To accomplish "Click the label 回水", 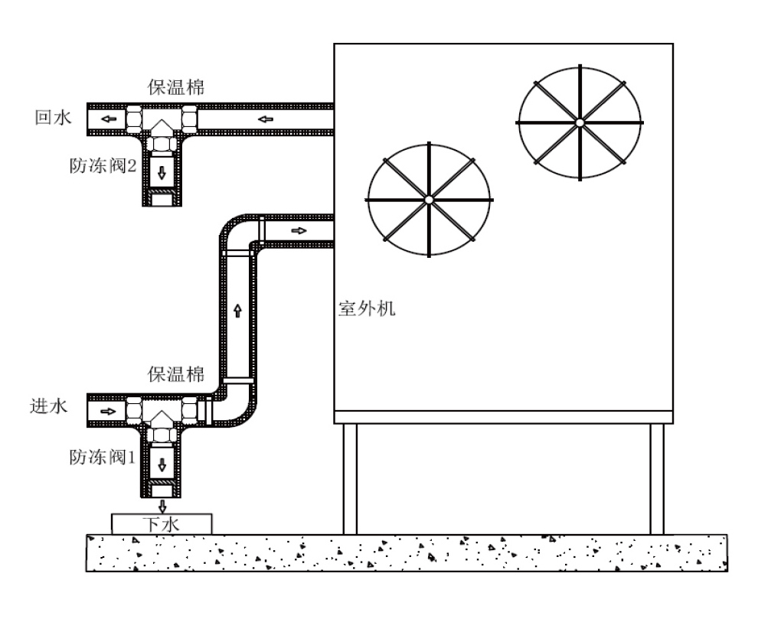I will [52, 119].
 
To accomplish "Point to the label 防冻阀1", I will [103, 458].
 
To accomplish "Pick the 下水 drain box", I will [162, 524].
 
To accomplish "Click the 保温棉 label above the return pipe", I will [176, 86].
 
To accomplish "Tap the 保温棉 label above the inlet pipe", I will [176, 375].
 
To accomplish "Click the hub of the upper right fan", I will [580, 122].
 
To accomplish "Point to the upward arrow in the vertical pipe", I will [237, 310].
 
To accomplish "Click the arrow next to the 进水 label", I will [108, 411].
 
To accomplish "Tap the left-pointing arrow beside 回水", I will [108, 119].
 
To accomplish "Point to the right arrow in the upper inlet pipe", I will [299, 230].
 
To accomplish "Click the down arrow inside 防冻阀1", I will [162, 464].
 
